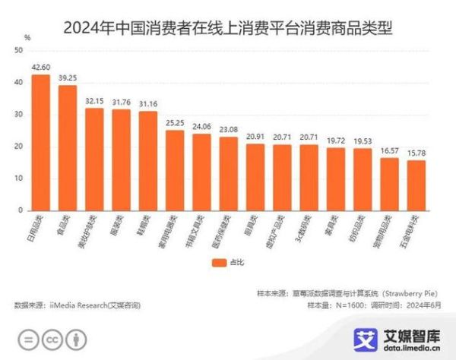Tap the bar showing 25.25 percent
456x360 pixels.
pyautogui.click(x=175, y=170)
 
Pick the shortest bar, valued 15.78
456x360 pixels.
pyautogui.click(x=416, y=185)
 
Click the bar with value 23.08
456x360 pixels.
pyautogui.click(x=228, y=174)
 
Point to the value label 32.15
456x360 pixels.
pyautogui.click(x=94, y=100)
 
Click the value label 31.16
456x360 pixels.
pyautogui.click(x=147, y=103)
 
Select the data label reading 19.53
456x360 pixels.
pyautogui.click(x=363, y=141)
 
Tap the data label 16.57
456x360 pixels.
pyautogui.click(x=389, y=150)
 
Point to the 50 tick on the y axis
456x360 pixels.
pyautogui.click(x=17, y=51)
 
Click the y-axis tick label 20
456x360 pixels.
pyautogui.click(x=17, y=147)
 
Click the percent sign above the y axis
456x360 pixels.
pyautogui.click(x=27, y=36)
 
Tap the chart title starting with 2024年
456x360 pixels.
pyautogui.click(x=228, y=14)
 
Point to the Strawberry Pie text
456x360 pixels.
pyautogui.click(x=410, y=291)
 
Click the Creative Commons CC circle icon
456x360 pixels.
pyautogui.click(x=52, y=339)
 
